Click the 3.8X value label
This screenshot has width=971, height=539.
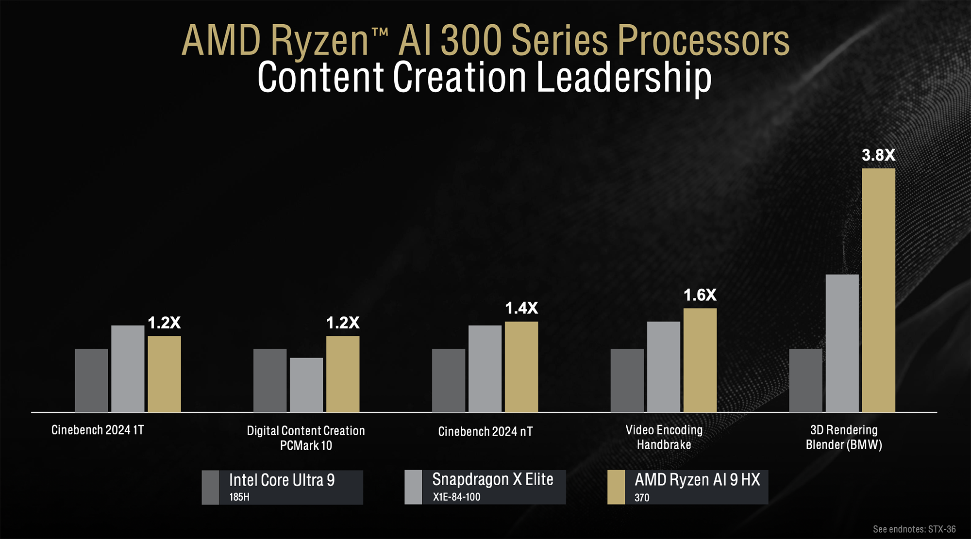point(878,155)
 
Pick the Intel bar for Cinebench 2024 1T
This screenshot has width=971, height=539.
point(91,380)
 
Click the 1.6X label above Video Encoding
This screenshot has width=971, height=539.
point(700,295)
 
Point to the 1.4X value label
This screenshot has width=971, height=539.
point(521,308)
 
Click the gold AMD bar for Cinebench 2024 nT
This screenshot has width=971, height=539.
point(521,367)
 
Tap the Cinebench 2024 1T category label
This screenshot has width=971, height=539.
point(98,430)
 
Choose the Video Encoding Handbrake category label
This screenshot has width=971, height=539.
point(664,437)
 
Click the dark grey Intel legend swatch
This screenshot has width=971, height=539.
point(210,487)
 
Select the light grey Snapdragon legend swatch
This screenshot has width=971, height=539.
point(413,487)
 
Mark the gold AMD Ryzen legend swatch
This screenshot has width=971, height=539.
point(616,487)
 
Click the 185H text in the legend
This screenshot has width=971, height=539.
point(239,497)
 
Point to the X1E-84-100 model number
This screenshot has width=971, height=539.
point(456,497)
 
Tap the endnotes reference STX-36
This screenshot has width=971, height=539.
point(941,529)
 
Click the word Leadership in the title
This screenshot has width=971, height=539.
point(624,78)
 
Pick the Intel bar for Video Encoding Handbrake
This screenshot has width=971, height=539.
point(627,380)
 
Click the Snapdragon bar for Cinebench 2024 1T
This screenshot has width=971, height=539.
point(128,369)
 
